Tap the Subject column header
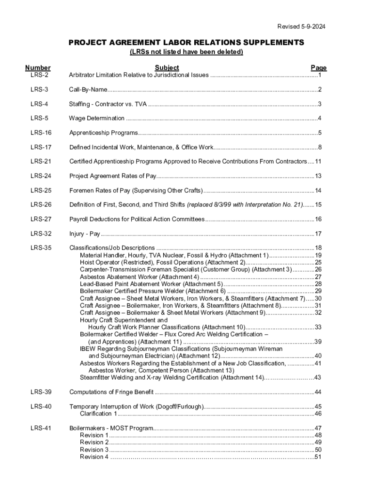pos(167,68)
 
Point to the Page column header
pos(318,68)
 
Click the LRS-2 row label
pos(39,75)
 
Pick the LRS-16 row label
pos(41,133)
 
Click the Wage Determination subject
pos(96,118)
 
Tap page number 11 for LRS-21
pos(318,162)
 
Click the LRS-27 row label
pos(41,219)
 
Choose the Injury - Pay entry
pos(84,234)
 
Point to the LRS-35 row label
pos(41,248)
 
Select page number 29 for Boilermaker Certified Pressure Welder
pos(318,291)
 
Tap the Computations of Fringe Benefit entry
pos(111,392)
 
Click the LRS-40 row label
pos(41,406)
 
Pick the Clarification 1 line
pos(98,414)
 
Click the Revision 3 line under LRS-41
pos(94,449)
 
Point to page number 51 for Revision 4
pos(318,457)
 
